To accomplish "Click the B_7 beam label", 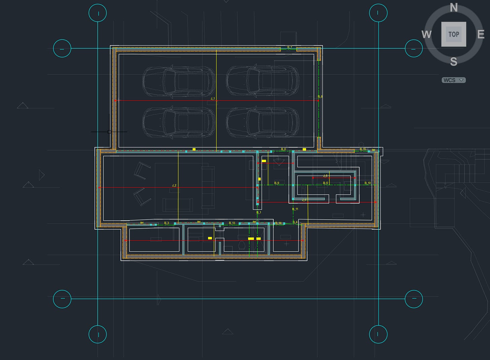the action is (289, 47).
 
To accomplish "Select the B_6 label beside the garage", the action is (320, 97).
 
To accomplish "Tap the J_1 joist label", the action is (213, 99).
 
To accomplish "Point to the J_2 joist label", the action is (174, 185).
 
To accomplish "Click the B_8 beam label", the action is (283, 149).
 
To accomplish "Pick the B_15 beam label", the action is (363, 149).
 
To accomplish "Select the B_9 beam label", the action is (277, 183).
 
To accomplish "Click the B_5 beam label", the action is (325, 183).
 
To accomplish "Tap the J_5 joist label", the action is (325, 176).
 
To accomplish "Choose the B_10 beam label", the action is (367, 183).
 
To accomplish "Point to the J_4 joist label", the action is (304, 200).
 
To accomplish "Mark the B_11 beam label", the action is (295, 209).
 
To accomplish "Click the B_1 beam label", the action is (259, 212).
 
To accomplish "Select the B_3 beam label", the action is (167, 223).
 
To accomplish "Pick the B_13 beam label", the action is (232, 223).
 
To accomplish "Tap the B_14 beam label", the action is (278, 223).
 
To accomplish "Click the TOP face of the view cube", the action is (454, 34).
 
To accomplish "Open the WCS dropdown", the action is (454, 80).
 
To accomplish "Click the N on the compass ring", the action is (454, 7).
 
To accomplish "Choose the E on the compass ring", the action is (481, 34).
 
